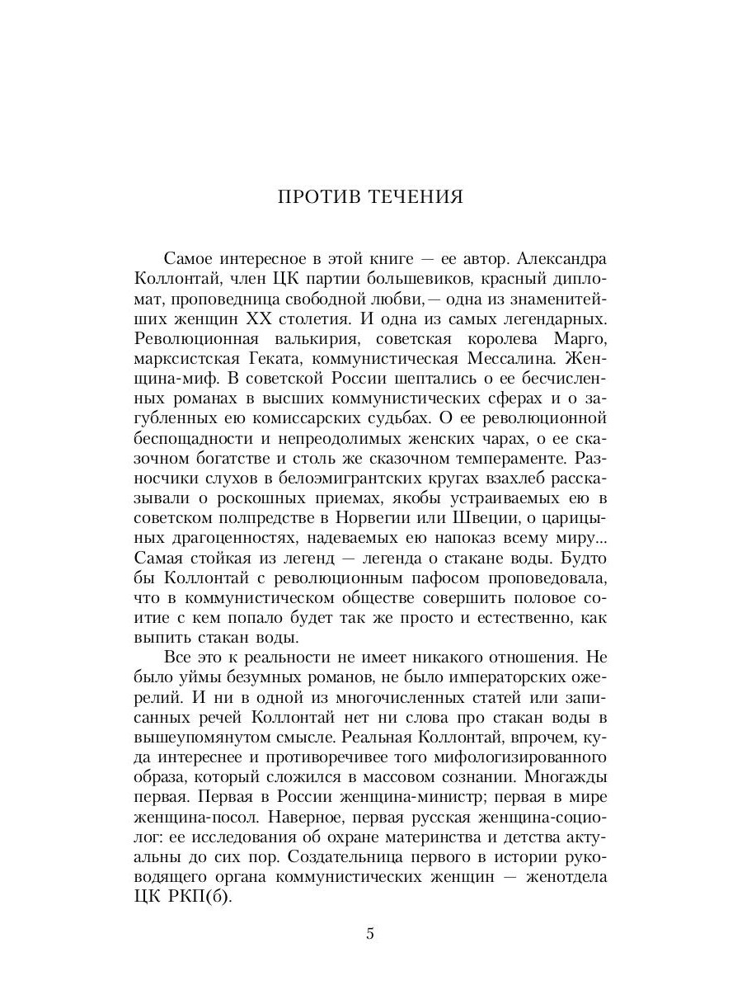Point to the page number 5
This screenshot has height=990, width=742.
tap(370, 934)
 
